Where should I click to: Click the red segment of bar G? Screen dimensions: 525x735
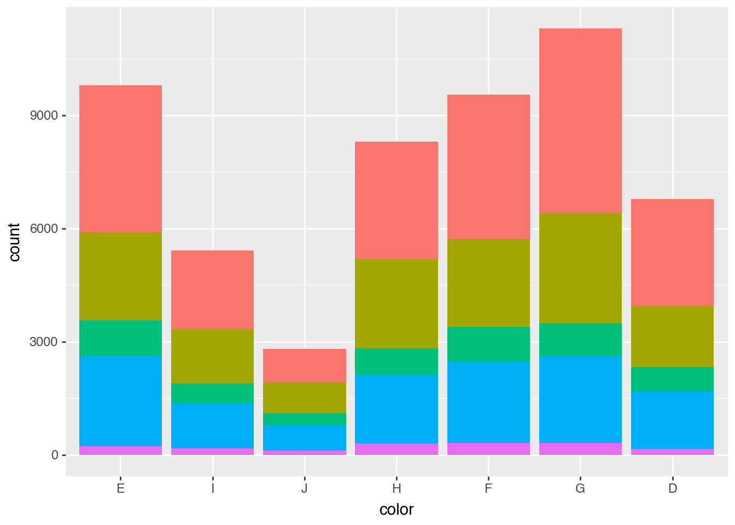click(580, 120)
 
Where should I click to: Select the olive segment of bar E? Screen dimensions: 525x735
click(121, 276)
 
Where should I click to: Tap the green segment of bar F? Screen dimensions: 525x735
click(488, 344)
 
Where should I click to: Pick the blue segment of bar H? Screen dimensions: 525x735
click(396, 409)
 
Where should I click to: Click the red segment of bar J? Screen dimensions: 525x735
click(305, 365)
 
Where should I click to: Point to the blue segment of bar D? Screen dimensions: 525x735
click(672, 419)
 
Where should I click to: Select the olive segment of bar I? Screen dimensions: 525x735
click(213, 356)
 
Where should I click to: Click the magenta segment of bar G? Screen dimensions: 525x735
click(580, 448)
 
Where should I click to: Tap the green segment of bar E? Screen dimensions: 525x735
click(121, 338)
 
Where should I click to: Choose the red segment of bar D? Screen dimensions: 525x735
click(672, 252)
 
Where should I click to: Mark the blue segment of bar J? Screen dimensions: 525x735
click(305, 437)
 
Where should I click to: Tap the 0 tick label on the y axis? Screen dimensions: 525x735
click(55, 456)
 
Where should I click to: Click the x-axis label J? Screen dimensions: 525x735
click(305, 488)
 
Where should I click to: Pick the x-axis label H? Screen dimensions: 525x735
click(396, 488)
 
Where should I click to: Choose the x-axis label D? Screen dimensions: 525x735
click(672, 488)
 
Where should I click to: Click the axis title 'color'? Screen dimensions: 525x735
click(396, 510)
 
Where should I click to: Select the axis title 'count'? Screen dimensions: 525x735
click(14, 242)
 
